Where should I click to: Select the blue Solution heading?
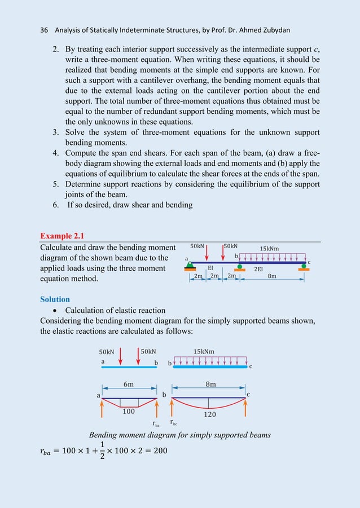55,299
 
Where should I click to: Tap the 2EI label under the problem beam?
258,270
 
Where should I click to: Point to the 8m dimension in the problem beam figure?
272,276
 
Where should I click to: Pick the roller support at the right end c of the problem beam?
304,266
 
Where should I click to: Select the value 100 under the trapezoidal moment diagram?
129,412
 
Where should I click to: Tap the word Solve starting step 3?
77,132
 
